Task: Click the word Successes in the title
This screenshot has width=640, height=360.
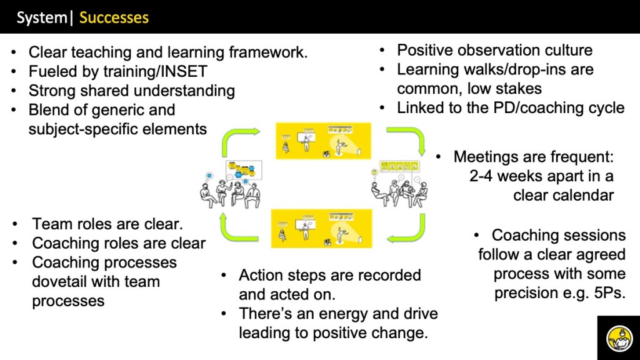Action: (x=114, y=17)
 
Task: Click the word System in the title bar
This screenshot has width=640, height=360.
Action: (x=42, y=17)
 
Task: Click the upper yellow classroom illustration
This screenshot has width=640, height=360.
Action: (x=323, y=141)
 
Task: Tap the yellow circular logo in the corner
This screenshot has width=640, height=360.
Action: (x=618, y=338)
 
